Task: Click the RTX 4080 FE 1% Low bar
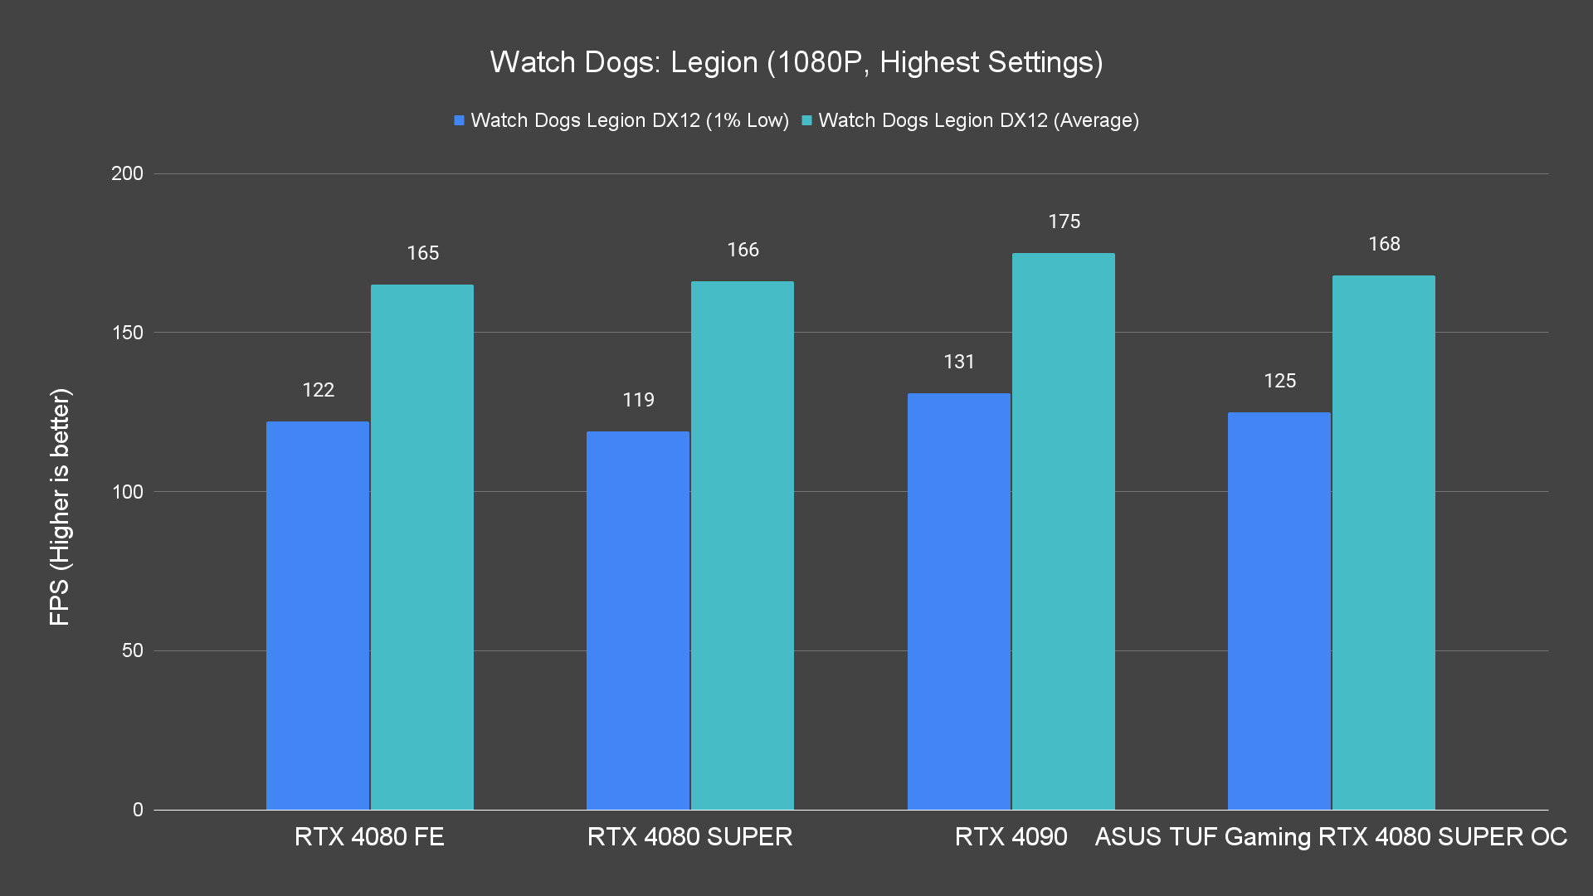click(x=317, y=616)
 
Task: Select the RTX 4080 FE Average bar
click(x=421, y=548)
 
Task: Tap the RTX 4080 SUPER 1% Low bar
click(x=637, y=621)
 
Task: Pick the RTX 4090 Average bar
click(x=1063, y=531)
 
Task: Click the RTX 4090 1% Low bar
click(x=958, y=601)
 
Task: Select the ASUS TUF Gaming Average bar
click(x=1383, y=543)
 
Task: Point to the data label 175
click(x=1064, y=222)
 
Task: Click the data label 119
click(x=638, y=400)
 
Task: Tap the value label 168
click(x=1384, y=244)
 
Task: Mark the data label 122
click(x=318, y=390)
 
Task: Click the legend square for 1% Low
click(x=459, y=120)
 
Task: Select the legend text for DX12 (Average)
click(x=978, y=120)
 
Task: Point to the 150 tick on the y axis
click(x=127, y=333)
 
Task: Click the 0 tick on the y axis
click(x=138, y=810)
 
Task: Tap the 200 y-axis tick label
click(x=127, y=173)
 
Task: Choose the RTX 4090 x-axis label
click(x=1011, y=836)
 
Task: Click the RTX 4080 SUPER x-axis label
click(x=689, y=836)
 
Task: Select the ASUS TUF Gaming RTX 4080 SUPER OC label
click(x=1331, y=836)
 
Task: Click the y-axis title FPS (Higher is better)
click(x=60, y=506)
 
